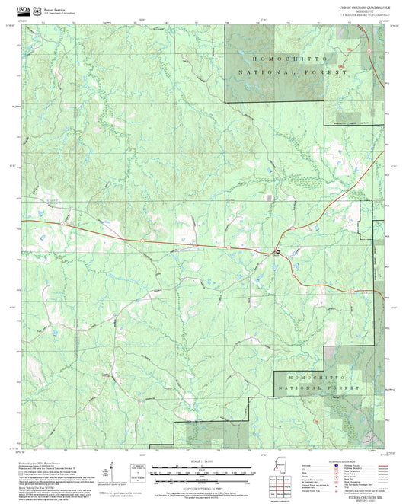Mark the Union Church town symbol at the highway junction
(277, 250)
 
